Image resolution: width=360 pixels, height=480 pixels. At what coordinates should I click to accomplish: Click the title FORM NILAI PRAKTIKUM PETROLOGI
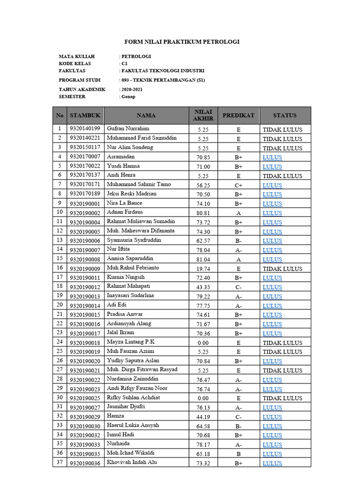point(181,42)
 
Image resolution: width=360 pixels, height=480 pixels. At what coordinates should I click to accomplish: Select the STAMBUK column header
point(85,115)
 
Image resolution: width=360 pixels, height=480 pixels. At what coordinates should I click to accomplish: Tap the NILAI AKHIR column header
point(203,115)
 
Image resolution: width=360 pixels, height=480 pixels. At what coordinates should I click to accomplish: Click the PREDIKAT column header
point(238,115)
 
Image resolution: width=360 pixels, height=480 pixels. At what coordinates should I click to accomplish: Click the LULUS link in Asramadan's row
point(272,157)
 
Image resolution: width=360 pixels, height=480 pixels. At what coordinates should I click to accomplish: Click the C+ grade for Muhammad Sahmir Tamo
point(238,185)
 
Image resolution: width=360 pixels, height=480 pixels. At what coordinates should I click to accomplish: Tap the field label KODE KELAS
point(75,63)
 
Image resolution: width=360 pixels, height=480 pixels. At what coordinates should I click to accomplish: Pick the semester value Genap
point(128,97)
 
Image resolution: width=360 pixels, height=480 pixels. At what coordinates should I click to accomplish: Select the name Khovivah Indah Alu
point(132,463)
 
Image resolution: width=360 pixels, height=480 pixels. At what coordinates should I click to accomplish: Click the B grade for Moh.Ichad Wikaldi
point(238,454)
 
